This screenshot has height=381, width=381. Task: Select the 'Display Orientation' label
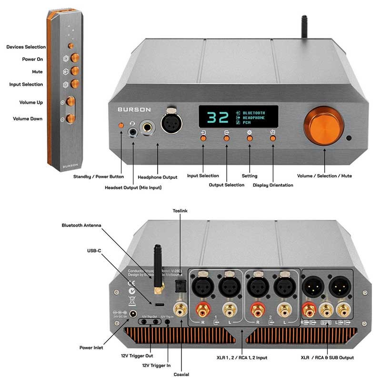pos(273,185)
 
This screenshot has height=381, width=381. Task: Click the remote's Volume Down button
pos(71,118)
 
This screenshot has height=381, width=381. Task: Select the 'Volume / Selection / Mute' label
pos(324,176)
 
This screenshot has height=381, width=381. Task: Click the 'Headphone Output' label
pos(157,177)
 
